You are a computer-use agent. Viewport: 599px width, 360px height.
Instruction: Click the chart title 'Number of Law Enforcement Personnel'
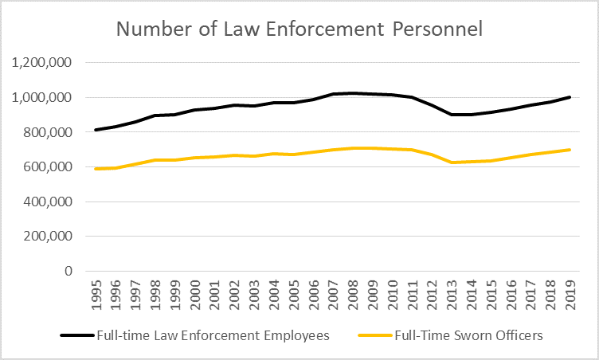point(299,29)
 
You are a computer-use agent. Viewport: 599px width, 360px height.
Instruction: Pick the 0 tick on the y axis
point(67,271)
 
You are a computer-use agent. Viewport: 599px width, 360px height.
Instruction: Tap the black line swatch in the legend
point(78,335)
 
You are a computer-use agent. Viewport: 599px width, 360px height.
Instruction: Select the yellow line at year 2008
point(353,148)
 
